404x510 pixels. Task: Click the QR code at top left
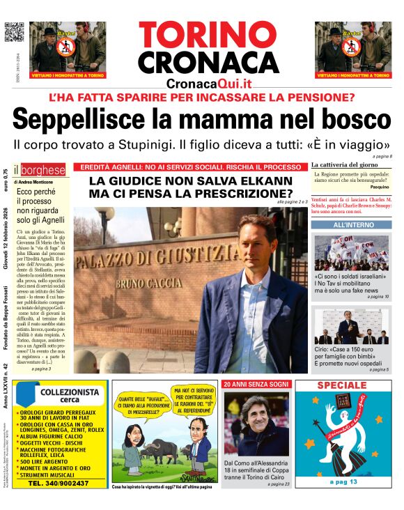point(14,32)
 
